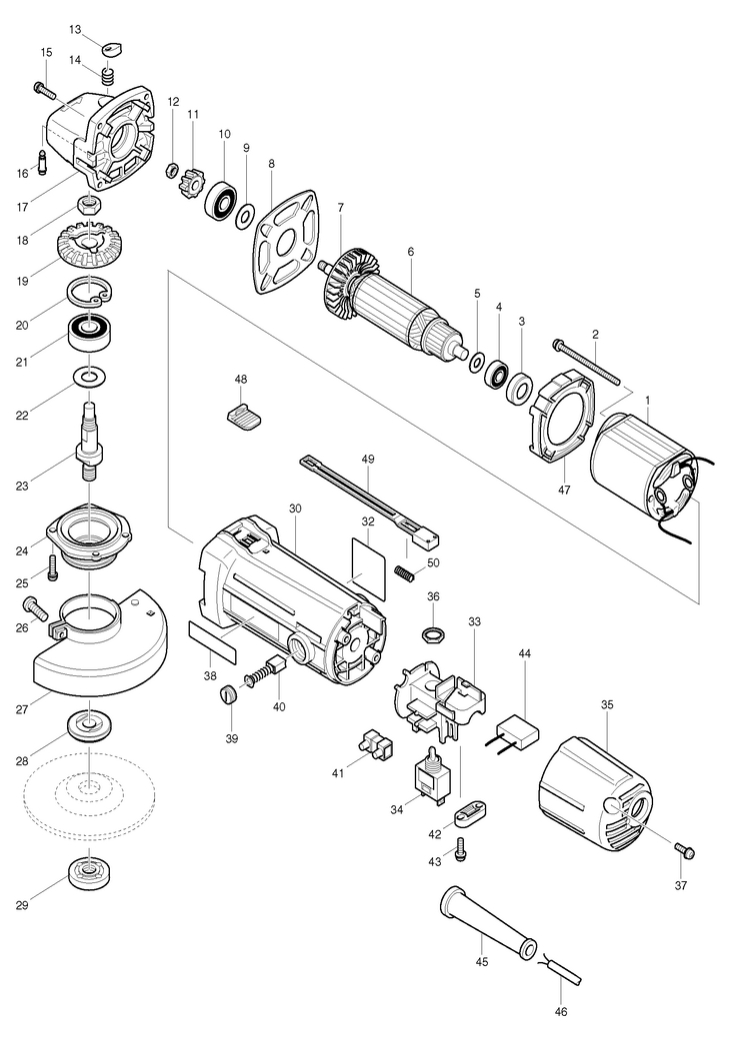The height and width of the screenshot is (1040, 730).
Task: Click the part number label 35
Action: tap(606, 704)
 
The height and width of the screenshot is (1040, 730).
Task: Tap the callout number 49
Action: tap(368, 459)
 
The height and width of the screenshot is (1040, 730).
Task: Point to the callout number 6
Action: tap(410, 251)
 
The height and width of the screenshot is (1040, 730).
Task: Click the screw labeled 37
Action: tap(685, 851)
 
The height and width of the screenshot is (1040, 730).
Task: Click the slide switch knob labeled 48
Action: tap(242, 415)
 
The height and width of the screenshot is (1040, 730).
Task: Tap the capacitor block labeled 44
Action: tap(517, 734)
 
